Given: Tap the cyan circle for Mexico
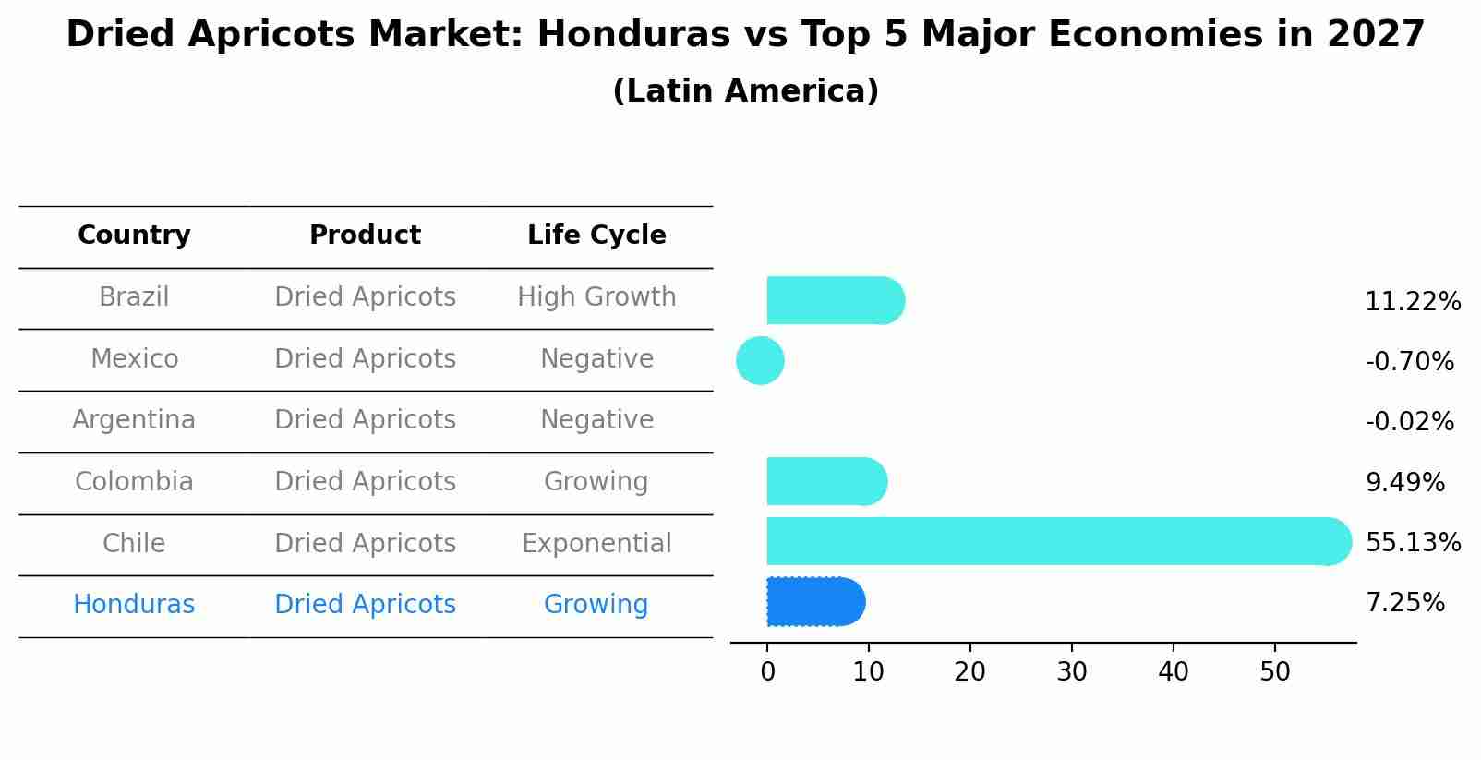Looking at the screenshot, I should coord(760,360).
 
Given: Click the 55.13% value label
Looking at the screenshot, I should coord(1412,542).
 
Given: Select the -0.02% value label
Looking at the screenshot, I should coord(1409,422).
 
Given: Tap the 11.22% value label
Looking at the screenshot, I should coord(1412,302).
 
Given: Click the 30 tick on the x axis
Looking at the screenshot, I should coord(1071,672).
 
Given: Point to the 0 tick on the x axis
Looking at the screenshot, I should coord(767,672).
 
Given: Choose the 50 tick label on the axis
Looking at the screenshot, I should coord(1274,672).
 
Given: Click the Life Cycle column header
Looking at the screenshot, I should coord(596,235).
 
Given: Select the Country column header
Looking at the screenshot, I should coord(134,235).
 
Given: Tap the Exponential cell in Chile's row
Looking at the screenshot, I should coord(596,543).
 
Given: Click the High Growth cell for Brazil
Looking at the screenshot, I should coord(596,297).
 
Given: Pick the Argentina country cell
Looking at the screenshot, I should coord(134,420).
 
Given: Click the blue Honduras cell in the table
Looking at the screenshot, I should coord(134,605).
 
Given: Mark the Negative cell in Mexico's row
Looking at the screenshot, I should coord(596,358).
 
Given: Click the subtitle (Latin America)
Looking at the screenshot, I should coord(745,91).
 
